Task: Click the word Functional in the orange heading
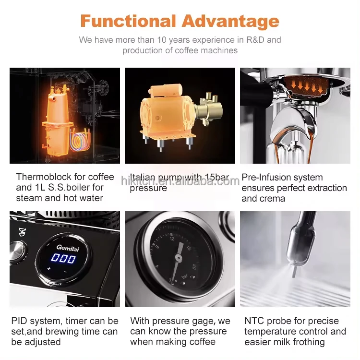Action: tap(128, 22)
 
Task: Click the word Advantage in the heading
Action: tap(230, 22)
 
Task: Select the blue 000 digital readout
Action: tap(64, 259)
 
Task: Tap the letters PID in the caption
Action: tap(21, 321)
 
